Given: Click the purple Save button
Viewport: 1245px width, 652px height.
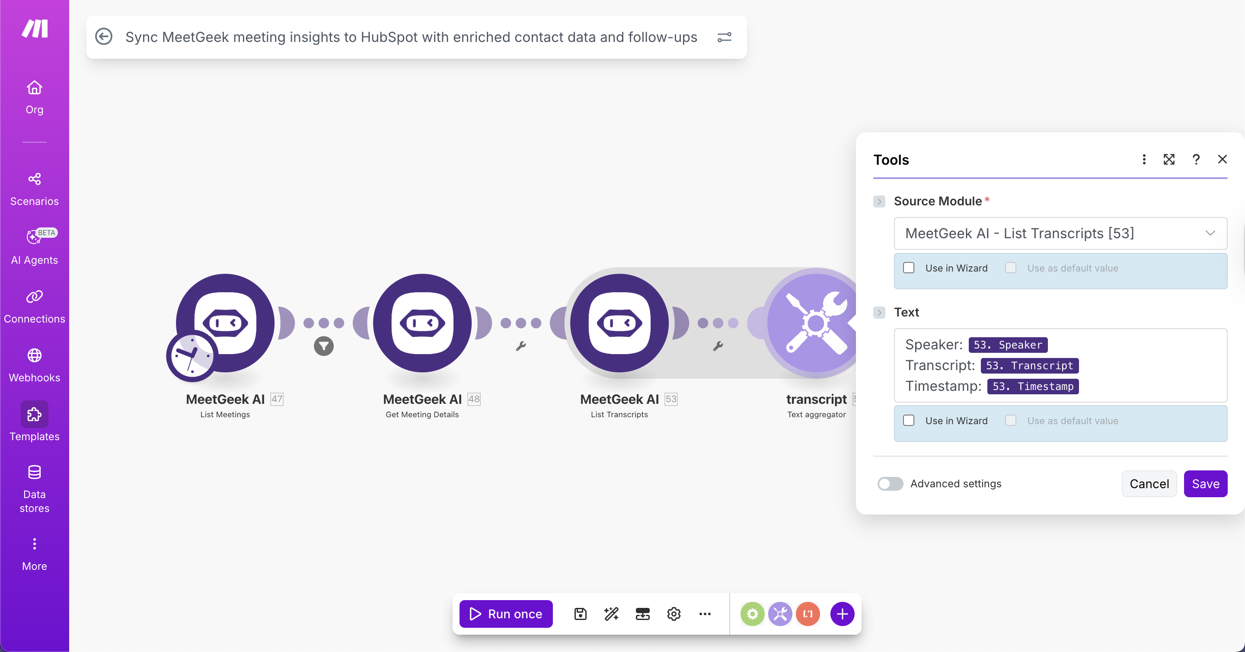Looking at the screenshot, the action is point(1205,484).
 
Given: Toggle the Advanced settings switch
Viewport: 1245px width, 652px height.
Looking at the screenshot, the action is point(890,484).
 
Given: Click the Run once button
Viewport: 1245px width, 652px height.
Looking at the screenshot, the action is point(505,614).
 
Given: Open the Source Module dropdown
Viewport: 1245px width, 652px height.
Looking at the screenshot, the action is point(1060,233).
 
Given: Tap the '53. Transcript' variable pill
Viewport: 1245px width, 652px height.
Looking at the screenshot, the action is point(1029,365).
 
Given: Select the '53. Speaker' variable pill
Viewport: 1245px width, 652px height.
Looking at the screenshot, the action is point(1008,345).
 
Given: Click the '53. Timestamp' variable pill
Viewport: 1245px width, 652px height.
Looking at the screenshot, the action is point(1033,386).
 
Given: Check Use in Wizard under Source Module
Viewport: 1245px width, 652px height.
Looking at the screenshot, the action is point(909,268).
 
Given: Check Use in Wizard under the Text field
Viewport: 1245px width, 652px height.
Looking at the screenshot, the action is point(909,421).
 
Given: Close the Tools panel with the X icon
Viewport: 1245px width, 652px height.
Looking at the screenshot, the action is point(1222,160).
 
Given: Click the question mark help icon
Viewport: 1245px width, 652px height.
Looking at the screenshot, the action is point(1196,160).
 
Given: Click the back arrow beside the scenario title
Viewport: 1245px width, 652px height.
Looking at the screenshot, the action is point(103,37).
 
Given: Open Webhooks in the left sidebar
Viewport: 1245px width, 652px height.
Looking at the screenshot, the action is point(34,365).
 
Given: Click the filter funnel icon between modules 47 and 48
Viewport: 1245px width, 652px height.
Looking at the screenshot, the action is point(324,346).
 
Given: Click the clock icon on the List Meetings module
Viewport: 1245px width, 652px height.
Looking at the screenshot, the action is point(192,356).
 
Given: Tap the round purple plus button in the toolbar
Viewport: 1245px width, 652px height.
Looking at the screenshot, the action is point(842,614).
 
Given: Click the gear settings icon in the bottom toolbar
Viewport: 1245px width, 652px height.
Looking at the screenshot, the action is point(674,614).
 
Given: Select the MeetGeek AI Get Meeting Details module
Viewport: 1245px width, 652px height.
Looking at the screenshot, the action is point(422,323).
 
